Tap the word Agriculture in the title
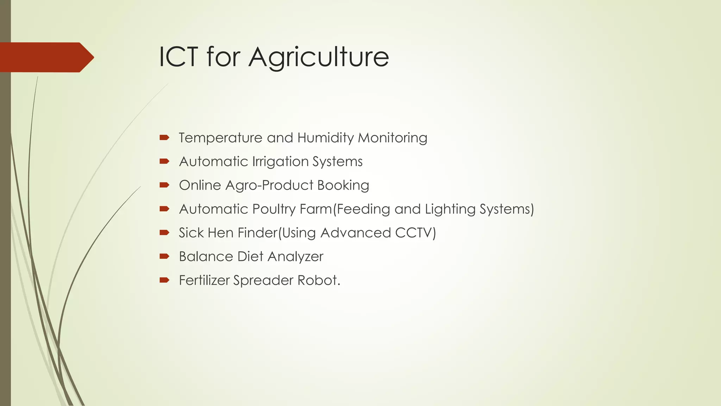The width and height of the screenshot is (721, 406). pyautogui.click(x=319, y=57)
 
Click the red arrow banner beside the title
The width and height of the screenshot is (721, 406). pyautogui.click(x=46, y=57)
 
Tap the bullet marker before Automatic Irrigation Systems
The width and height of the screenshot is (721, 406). pyautogui.click(x=164, y=161)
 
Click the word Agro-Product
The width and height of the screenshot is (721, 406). pyautogui.click(x=269, y=185)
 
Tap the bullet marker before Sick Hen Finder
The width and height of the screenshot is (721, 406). pyautogui.click(x=164, y=233)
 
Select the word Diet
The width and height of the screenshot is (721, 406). pyautogui.click(x=250, y=256)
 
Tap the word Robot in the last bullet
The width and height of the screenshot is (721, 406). pyautogui.click(x=318, y=280)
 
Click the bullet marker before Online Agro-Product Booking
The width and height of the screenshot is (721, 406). pyautogui.click(x=164, y=185)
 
